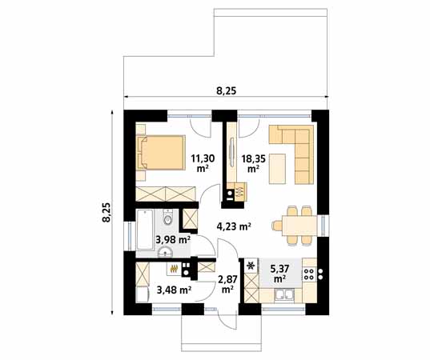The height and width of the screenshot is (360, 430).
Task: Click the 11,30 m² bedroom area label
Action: (203, 163)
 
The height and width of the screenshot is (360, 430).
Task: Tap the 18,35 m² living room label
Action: (253, 163)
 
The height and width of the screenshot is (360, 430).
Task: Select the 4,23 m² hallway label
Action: (234, 226)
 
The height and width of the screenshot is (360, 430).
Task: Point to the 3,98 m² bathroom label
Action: (173, 240)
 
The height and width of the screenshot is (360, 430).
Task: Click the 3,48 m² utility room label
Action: (174, 290)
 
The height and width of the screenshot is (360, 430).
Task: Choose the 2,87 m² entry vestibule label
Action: (227, 284)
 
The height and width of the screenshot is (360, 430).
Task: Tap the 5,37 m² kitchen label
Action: (279, 273)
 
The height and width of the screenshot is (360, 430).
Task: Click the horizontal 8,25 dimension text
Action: (227, 90)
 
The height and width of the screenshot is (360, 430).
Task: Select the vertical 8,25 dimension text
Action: (106, 212)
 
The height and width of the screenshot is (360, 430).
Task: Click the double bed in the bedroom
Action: (160, 153)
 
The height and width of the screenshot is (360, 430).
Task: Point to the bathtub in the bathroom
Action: (144, 230)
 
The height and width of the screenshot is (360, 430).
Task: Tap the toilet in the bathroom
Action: (167, 218)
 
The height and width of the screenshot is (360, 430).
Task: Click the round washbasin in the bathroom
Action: (165, 251)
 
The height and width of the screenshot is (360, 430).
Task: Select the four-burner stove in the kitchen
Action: (309, 274)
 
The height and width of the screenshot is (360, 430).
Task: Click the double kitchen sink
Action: (284, 295)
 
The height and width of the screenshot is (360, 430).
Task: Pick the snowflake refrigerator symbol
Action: (251, 266)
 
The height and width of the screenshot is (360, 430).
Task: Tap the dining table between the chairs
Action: (299, 226)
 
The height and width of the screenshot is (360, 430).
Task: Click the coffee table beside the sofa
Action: (278, 169)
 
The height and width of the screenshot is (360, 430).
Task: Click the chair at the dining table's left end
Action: (277, 226)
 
